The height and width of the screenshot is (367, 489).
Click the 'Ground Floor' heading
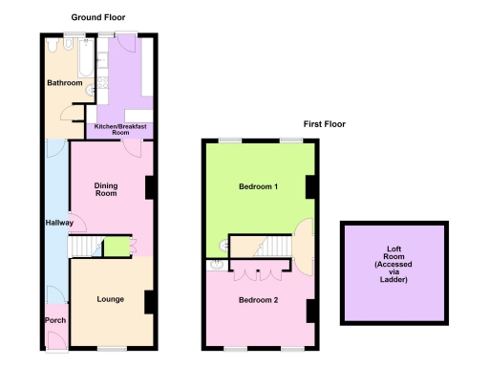[x=97, y=17]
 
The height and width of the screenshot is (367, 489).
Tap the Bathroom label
[x=66, y=83]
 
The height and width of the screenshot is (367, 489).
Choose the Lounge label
[x=110, y=299]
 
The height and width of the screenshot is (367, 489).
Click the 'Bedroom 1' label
[x=258, y=186]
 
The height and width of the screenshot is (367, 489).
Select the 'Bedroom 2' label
[x=258, y=300]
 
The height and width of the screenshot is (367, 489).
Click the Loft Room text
[x=393, y=264]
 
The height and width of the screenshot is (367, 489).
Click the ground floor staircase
[x=86, y=248]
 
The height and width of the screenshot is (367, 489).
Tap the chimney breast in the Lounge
[x=149, y=302]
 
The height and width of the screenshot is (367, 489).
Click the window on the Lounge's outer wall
[x=112, y=349]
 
